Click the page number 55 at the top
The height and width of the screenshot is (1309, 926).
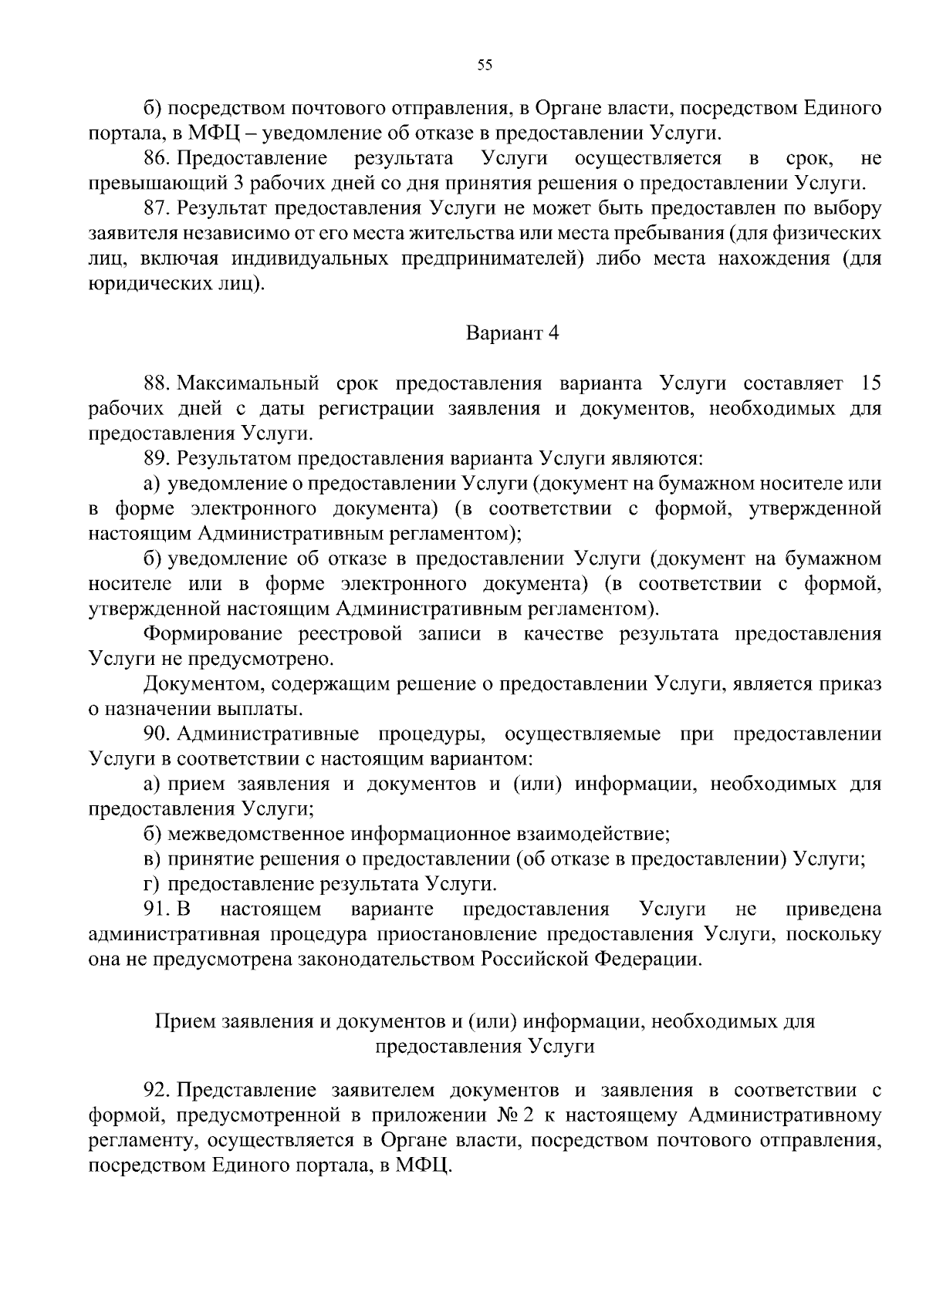pos(485,66)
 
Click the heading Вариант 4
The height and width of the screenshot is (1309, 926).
pos(511,333)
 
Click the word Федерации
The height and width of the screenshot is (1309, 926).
pos(651,959)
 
